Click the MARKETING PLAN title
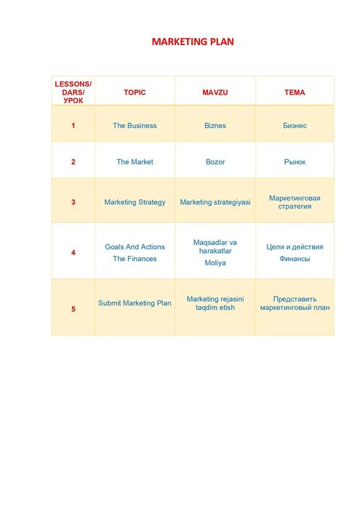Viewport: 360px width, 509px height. tap(193, 41)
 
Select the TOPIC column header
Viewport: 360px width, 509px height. tap(135, 93)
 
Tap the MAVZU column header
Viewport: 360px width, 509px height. tap(215, 93)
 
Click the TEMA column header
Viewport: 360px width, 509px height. tap(295, 93)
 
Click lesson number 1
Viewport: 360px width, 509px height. tap(73, 126)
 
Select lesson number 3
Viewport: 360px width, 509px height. tap(73, 202)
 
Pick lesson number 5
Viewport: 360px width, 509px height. tap(73, 309)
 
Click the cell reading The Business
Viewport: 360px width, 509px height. tap(135, 126)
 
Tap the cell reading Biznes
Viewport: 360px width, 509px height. tap(215, 126)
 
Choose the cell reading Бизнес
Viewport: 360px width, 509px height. tap(295, 126)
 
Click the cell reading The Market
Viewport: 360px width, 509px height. tap(135, 162)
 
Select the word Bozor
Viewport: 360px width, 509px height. tap(215, 162)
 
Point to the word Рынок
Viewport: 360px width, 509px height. tap(295, 162)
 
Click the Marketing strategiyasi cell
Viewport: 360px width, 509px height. tap(215, 202)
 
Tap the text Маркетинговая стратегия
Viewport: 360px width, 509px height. tap(295, 201)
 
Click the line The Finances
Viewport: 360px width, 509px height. tap(135, 259)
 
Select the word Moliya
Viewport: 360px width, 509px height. tap(215, 263)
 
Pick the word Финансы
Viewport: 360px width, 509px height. tap(295, 259)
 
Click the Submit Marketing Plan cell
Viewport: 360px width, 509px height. tap(135, 303)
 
